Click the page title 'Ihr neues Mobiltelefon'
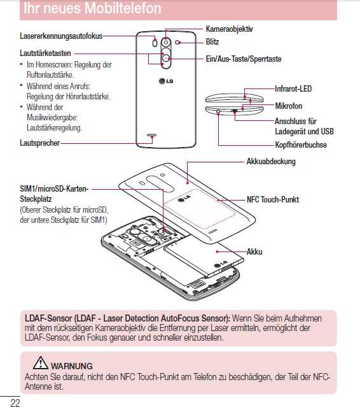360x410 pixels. pos(92,9)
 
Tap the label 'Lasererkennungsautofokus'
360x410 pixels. pos(62,37)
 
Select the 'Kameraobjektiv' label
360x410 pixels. pos(230,29)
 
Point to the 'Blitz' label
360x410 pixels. pos(212,41)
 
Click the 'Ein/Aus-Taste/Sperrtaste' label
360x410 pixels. pos(243,59)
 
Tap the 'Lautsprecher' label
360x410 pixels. pos(40,143)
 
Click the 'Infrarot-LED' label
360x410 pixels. pos(293,89)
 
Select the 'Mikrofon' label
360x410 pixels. pos(289,106)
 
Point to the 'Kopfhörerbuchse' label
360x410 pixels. pos(301,145)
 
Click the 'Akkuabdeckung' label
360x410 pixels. pos(271,162)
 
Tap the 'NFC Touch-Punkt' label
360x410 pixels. pos(273,199)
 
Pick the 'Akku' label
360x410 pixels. pos(254,252)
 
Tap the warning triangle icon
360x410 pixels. pos(41,364)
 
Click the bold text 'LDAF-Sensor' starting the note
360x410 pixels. pos(48,318)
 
